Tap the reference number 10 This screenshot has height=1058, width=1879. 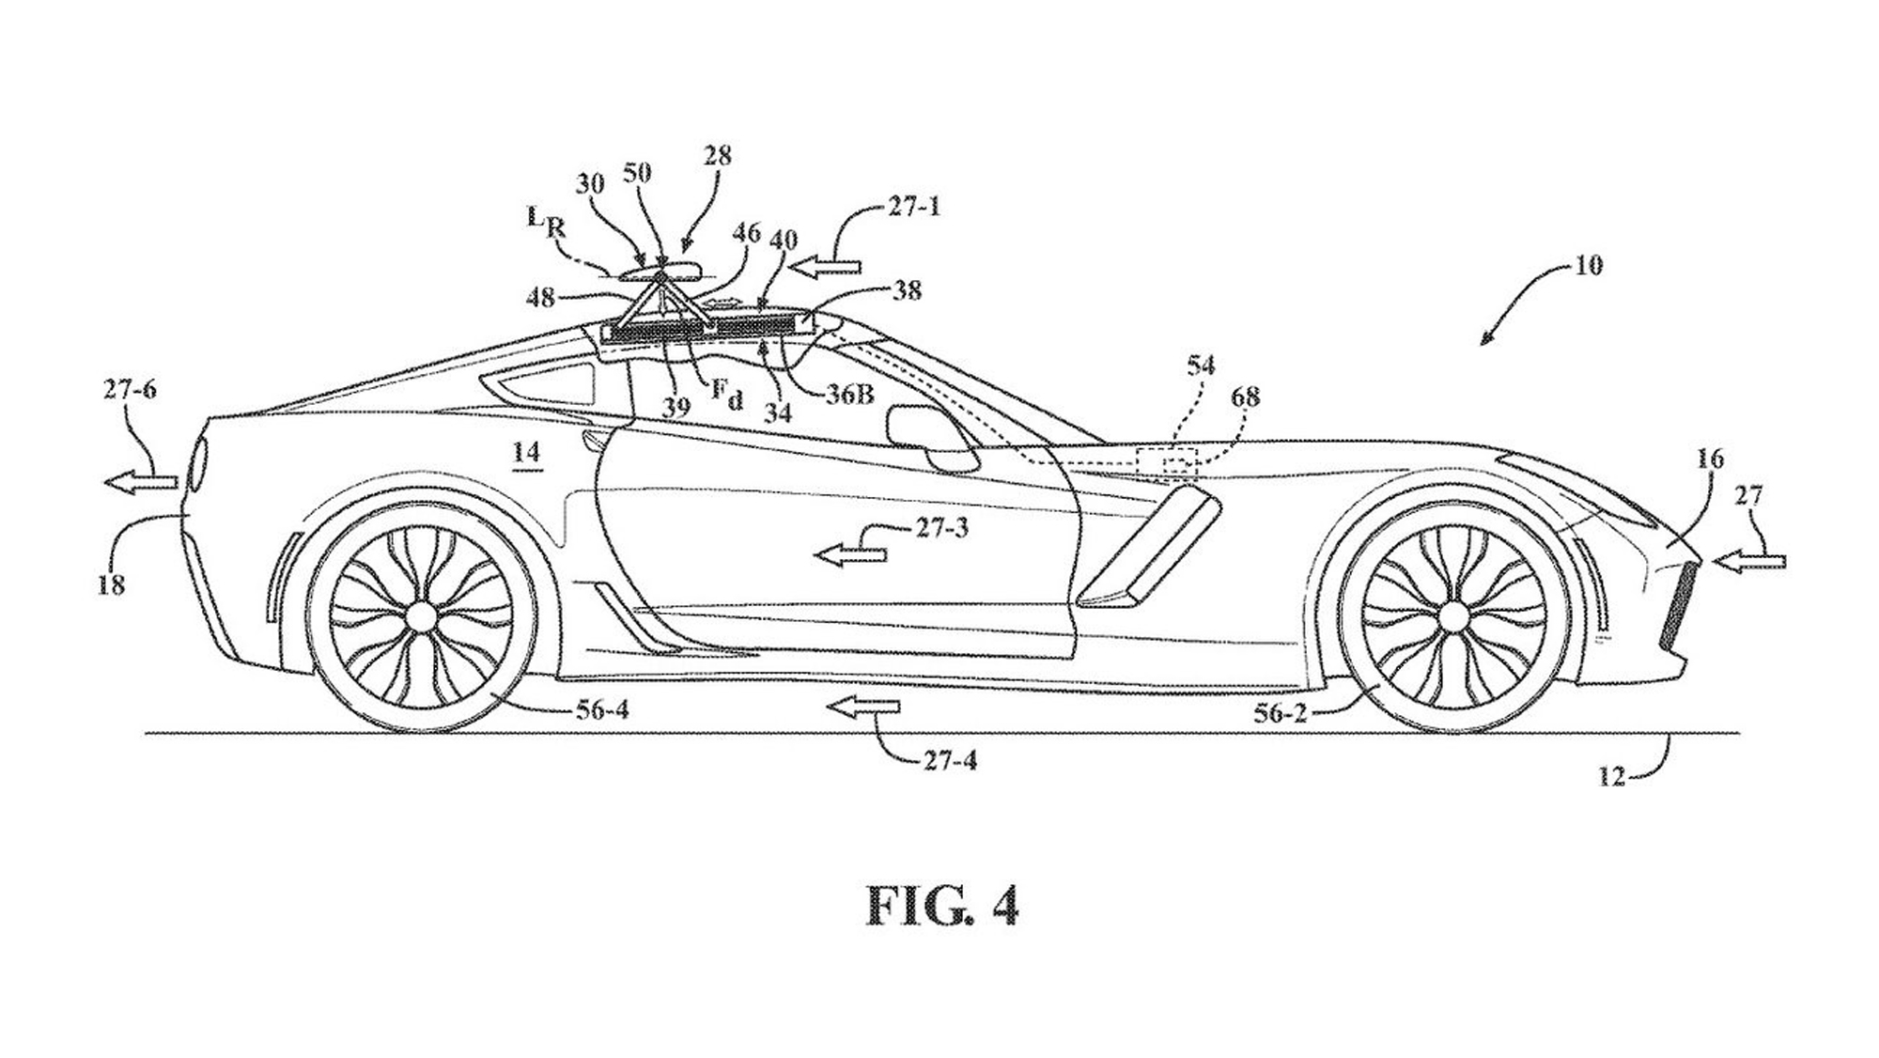point(1587,265)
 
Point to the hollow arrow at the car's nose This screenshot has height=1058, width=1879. point(1748,561)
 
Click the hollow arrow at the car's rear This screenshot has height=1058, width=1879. point(140,482)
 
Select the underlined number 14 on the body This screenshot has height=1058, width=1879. point(527,453)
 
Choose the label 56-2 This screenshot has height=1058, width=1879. point(1281,713)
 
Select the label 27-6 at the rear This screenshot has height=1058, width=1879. point(130,389)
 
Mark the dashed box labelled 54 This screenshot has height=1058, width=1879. point(1167,464)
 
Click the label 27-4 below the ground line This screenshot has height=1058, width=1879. point(950,760)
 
